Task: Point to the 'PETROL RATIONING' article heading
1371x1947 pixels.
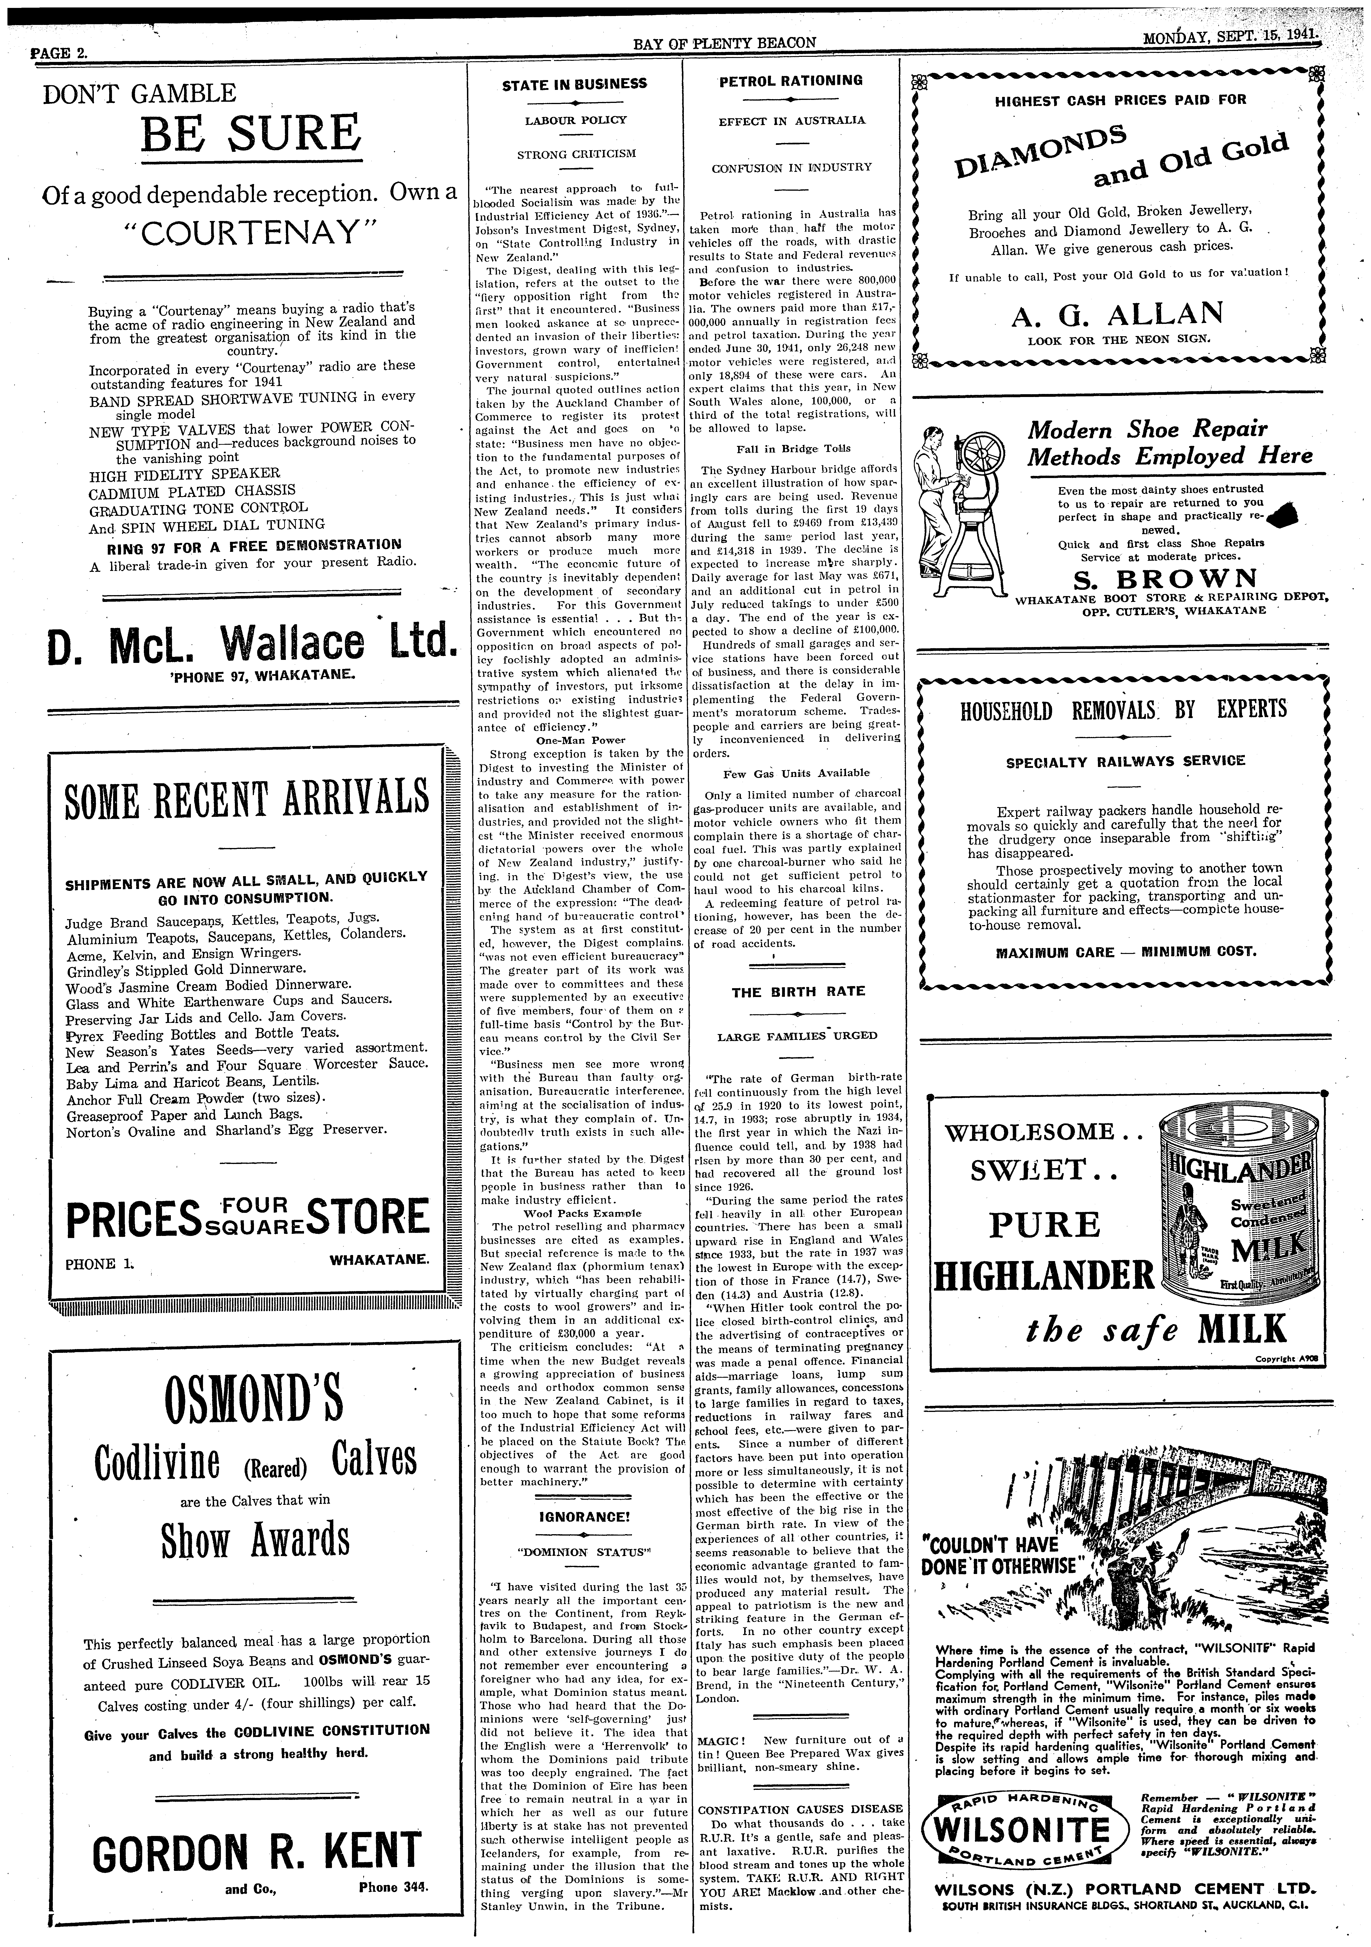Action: pos(791,81)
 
